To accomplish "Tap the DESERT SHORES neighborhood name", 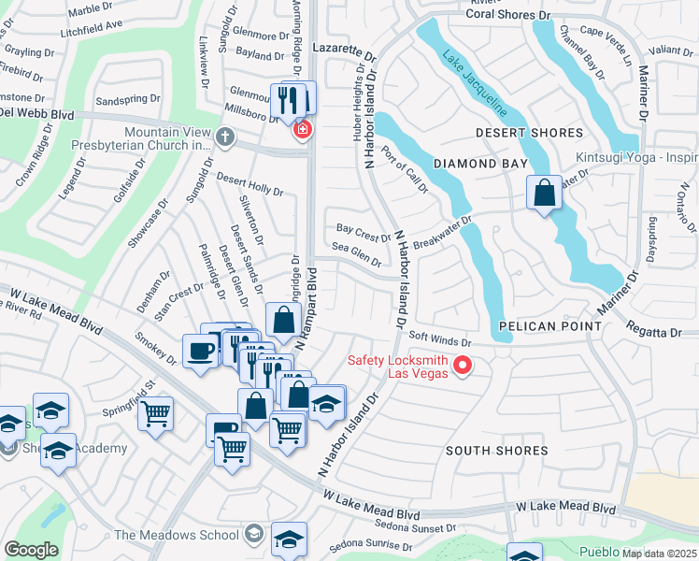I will [x=529, y=133].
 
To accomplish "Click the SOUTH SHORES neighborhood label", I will [x=496, y=451].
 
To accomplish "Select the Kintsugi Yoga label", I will [x=635, y=156].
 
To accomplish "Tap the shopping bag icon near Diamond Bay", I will [x=544, y=194].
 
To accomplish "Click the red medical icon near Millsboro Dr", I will [x=302, y=128].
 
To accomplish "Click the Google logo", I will [x=31, y=549].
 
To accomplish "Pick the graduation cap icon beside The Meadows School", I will [x=253, y=534].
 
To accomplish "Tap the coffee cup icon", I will [x=201, y=352].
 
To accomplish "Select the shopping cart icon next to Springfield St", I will [x=155, y=413].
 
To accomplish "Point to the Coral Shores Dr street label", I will [x=508, y=15].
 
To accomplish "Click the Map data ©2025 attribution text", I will [x=660, y=554].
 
